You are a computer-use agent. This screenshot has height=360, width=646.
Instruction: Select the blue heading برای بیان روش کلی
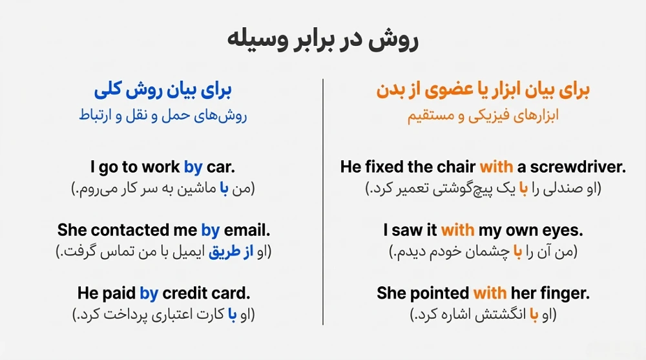coord(163,90)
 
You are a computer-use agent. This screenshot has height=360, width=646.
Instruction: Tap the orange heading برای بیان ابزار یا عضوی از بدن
coord(483,90)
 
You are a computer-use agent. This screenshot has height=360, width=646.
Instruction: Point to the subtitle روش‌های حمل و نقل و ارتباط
coord(163,116)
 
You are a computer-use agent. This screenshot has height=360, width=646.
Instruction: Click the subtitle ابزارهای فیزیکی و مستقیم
coord(483,116)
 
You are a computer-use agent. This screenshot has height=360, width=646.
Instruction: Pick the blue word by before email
coord(210,230)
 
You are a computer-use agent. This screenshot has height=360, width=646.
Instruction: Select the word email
coord(246,230)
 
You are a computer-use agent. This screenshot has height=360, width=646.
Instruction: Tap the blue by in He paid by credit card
coord(149,293)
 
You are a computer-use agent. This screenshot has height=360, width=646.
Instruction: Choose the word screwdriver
coord(578,167)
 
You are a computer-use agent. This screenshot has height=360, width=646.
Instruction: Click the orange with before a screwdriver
coord(496,167)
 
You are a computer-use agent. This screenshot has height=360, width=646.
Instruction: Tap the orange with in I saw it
coord(457,230)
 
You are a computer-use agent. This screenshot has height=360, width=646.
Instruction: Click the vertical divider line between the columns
coord(323,200)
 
